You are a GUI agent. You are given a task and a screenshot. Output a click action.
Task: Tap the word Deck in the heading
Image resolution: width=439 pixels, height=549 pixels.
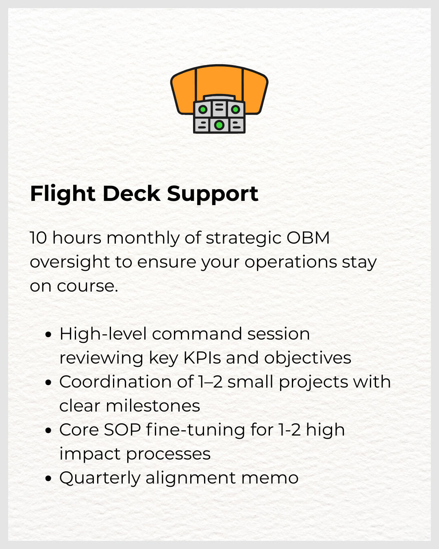[x=131, y=194]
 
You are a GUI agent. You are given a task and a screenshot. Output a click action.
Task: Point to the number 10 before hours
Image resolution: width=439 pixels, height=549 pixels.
[x=39, y=238]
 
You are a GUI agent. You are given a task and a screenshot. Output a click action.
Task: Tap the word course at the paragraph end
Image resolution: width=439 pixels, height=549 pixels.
[x=87, y=286]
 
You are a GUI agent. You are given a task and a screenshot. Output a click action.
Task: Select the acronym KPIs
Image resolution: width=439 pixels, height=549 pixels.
[x=202, y=358]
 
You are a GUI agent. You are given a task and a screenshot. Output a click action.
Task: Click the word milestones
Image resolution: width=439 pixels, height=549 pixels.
[x=153, y=406]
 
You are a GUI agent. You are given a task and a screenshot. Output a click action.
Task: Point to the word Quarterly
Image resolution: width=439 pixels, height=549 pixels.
[x=100, y=478]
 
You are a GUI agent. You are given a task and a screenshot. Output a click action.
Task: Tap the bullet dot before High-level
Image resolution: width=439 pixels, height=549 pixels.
[x=49, y=335]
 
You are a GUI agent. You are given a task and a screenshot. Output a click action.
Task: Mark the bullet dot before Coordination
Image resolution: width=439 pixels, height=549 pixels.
[x=49, y=383]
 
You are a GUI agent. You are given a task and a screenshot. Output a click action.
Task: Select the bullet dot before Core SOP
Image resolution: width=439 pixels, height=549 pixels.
[x=49, y=431]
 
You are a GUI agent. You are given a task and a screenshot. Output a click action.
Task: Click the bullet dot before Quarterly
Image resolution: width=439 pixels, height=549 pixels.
[x=49, y=479]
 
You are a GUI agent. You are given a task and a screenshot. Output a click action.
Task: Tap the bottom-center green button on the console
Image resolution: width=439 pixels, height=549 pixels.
[x=219, y=125]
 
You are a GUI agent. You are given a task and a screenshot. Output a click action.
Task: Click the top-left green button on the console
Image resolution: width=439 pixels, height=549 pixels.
[x=203, y=109]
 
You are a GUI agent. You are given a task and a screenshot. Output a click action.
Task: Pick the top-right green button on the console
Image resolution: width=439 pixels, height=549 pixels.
[x=235, y=109]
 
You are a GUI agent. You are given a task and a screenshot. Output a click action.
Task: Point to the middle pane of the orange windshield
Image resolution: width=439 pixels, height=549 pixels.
[x=219, y=81]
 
